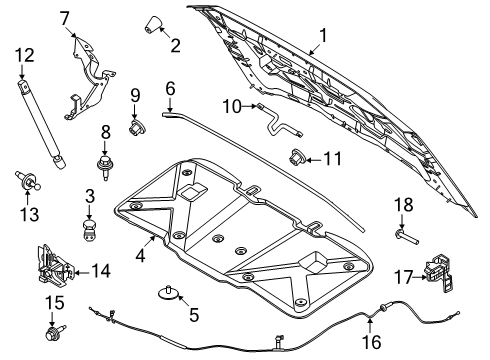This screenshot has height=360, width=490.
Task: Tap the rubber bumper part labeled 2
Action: pyautogui.click(x=155, y=24)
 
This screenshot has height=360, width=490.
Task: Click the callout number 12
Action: pyautogui.click(x=23, y=55)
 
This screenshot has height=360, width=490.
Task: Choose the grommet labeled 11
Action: pyautogui.click(x=298, y=156)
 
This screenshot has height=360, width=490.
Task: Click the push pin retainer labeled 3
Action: pyautogui.click(x=90, y=233)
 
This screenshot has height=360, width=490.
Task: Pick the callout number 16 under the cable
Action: pyautogui.click(x=371, y=343)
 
